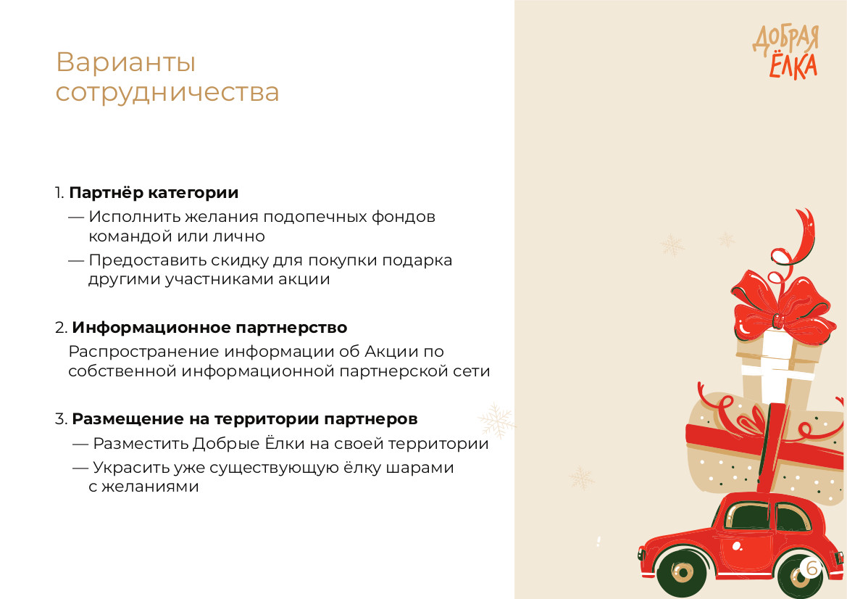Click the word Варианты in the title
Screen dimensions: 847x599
pos(126,62)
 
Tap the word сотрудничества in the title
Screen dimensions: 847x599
pos(167,93)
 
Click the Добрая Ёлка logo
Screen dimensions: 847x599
pos(786,52)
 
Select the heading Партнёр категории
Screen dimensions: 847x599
pos(154,192)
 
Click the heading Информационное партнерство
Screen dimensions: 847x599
pos(209,328)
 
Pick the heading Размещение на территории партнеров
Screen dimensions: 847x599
pos(245,419)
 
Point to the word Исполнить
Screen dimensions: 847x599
pos(135,217)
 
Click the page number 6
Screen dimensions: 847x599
pos(811,568)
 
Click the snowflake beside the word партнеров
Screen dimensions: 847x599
pos(496,420)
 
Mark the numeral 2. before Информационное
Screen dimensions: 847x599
pos(61,328)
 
